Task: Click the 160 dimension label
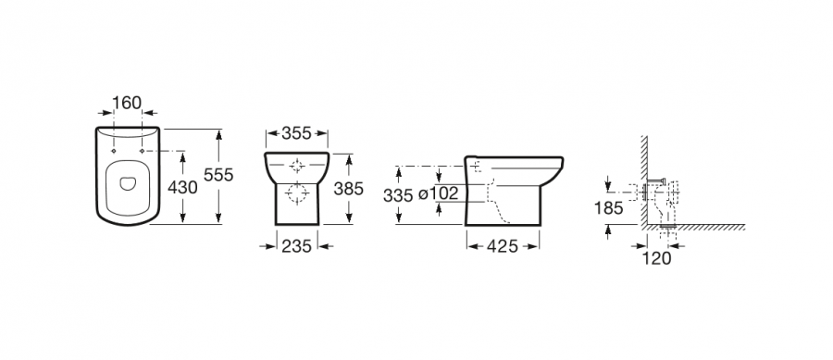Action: coord(128,103)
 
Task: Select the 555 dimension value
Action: coord(218,175)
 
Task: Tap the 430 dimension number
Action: coord(182,187)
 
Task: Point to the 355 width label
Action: coord(296,133)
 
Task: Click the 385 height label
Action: coord(349,188)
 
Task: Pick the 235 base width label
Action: coord(296,246)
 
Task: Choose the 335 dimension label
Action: coord(398,196)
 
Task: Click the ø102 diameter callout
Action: coord(438,193)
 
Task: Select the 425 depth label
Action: coord(503,246)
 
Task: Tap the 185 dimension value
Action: coord(608,208)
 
